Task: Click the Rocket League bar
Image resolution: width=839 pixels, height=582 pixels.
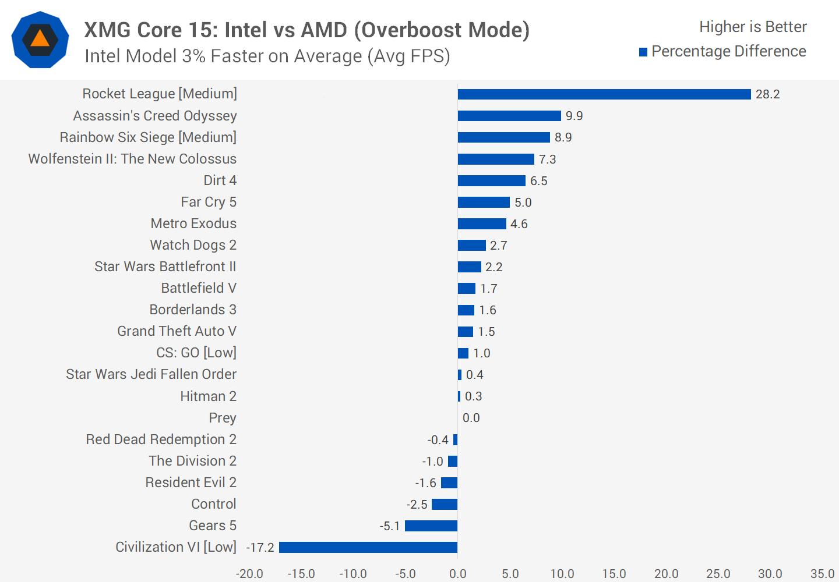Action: [x=604, y=94]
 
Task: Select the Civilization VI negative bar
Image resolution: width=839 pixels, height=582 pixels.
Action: [x=368, y=547]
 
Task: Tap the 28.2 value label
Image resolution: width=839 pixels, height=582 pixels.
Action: [x=767, y=94]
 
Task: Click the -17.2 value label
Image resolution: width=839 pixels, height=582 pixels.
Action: [x=260, y=548]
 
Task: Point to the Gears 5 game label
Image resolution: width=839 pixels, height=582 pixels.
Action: [x=213, y=526]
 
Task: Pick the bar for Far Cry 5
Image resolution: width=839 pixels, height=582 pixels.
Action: [x=484, y=202]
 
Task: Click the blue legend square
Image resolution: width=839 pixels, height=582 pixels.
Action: [x=643, y=52]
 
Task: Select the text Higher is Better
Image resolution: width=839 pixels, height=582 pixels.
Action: [x=753, y=27]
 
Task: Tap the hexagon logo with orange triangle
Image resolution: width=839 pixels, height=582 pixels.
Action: [x=40, y=40]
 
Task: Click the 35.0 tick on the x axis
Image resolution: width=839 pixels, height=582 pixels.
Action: [x=822, y=574]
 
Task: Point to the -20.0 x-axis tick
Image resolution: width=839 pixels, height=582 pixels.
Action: [x=249, y=574]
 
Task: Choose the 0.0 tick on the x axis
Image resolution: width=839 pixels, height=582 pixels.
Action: [x=457, y=574]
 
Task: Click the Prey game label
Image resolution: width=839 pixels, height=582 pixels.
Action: [x=223, y=418]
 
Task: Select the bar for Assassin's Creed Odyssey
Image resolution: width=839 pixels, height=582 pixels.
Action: [x=509, y=116]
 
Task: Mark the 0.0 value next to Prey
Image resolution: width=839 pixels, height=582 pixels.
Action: [x=471, y=418]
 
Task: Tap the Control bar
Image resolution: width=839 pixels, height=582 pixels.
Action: [x=445, y=504]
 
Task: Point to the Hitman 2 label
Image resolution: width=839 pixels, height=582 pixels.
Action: [x=208, y=396]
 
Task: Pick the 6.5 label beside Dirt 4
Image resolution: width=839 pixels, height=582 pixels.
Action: [x=538, y=181]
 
